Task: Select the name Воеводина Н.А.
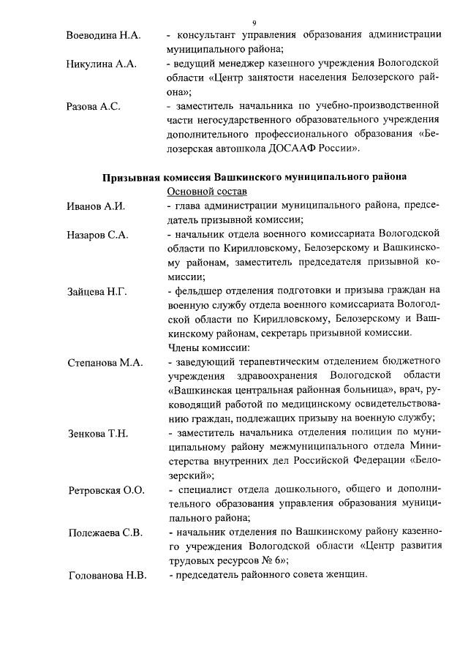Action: click(103, 35)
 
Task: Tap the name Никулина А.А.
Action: click(101, 64)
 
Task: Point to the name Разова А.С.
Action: click(93, 106)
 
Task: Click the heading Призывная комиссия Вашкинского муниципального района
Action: click(254, 177)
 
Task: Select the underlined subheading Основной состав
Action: click(203, 192)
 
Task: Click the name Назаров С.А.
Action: click(97, 234)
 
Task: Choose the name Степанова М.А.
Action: click(105, 362)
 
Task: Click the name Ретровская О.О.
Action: click(105, 489)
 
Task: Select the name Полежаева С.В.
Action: click(105, 533)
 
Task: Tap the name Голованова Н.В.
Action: click(107, 575)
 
